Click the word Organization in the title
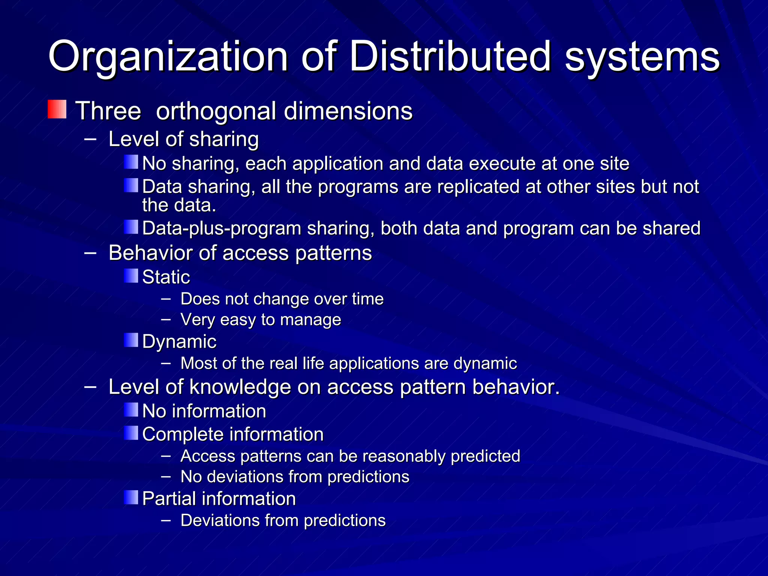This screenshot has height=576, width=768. (x=168, y=57)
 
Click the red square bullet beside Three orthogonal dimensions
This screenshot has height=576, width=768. (x=57, y=109)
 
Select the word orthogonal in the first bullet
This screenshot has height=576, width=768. (x=216, y=111)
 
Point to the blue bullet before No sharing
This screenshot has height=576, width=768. (x=131, y=162)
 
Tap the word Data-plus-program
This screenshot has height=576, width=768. (x=222, y=228)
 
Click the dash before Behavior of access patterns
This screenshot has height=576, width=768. (x=90, y=253)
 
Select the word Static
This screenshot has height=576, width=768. (x=166, y=277)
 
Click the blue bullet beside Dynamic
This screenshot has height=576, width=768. (x=131, y=340)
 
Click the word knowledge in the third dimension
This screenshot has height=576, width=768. (x=240, y=387)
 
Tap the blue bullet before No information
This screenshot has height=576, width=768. (x=131, y=410)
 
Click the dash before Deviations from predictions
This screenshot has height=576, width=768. (x=166, y=520)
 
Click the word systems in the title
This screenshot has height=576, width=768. (x=642, y=57)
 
